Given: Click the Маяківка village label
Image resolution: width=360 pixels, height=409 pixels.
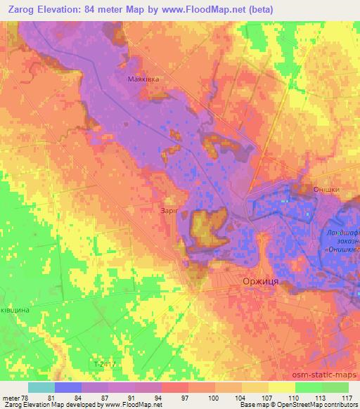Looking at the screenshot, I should [x=143, y=79].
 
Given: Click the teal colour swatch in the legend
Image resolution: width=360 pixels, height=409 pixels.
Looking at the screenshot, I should [x=41, y=387].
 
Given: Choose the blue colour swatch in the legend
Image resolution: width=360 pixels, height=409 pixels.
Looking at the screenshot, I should [x=68, y=387].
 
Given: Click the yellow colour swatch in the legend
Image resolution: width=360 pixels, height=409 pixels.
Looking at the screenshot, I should [x=282, y=387].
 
